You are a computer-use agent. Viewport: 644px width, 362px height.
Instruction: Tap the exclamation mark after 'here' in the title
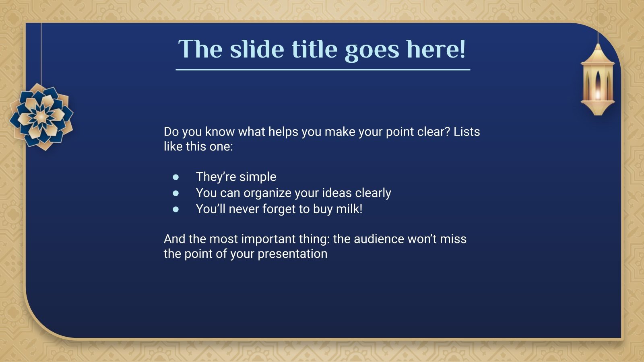click(x=462, y=49)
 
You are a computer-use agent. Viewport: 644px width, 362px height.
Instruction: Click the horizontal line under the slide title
click(x=323, y=70)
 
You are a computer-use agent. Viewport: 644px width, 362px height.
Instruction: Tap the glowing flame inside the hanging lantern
click(x=598, y=95)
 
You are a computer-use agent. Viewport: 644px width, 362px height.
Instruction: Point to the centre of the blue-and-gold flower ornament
click(x=41, y=117)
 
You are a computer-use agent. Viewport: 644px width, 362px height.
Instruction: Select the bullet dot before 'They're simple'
click(x=176, y=177)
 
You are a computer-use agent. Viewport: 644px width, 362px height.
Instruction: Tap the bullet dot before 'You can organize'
click(x=176, y=193)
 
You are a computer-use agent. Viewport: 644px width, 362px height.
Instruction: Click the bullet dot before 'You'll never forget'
click(x=176, y=209)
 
